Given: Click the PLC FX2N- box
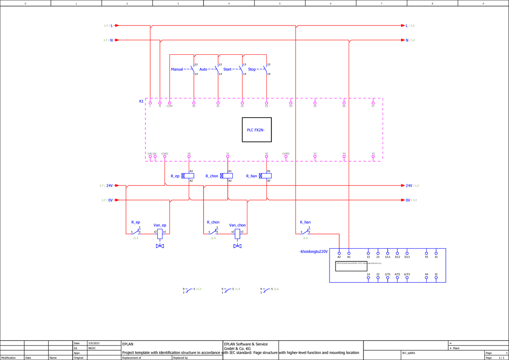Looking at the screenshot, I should pos(256,129).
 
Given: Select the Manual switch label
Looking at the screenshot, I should pos(177,69).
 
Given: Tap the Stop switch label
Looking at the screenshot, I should pos(252,69).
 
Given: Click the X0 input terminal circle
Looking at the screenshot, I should pos(194,103).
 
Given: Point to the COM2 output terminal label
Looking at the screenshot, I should pos(286,153).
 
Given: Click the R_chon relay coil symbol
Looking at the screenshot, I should pos(228,176).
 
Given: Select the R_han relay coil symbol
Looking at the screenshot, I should pos(266,176).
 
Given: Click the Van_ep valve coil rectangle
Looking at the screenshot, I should pos(160,233).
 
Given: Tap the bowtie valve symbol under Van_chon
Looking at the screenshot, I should pos(238,246).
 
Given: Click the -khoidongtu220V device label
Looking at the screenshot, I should pos(313,252).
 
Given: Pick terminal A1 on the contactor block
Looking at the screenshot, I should pos(349,253).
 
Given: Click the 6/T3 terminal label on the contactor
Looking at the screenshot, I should pos(407,274).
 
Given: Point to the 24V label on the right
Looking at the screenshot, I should pos(409,186).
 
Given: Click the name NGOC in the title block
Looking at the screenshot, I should pos(92,348).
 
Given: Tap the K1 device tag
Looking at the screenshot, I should pos(141,101).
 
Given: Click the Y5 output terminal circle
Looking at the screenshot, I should pos(373,157).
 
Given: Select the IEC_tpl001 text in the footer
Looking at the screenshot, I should pos(409,353).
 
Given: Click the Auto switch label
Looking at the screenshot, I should pos(203,69).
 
